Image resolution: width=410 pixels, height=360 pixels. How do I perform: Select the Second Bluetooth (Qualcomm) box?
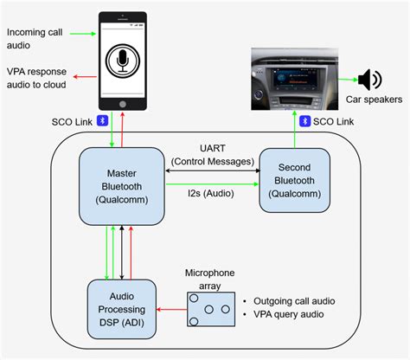point(294,179)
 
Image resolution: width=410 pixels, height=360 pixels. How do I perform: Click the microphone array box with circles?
point(209,309)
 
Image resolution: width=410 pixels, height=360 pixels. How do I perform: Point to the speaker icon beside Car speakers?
point(369,80)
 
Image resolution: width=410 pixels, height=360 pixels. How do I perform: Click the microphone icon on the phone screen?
point(123,63)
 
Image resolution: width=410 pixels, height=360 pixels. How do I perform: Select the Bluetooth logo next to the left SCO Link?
point(100,120)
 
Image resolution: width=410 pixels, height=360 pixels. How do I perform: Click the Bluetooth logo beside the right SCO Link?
point(304,120)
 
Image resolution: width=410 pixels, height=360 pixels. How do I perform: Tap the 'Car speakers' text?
point(375,100)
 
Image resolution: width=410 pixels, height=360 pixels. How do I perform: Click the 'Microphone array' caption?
point(209,279)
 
